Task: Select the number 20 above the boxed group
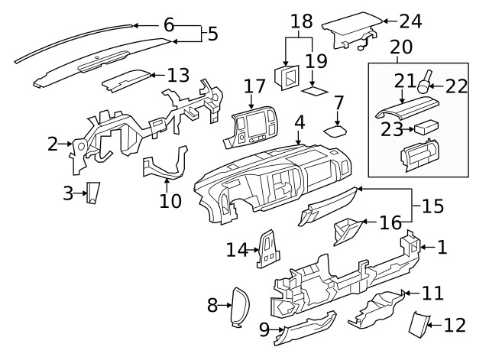[401, 47]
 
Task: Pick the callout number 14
[237, 249]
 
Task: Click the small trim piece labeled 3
[92, 194]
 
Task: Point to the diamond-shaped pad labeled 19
[315, 90]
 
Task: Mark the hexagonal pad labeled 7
[336, 130]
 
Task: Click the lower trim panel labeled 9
[306, 327]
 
